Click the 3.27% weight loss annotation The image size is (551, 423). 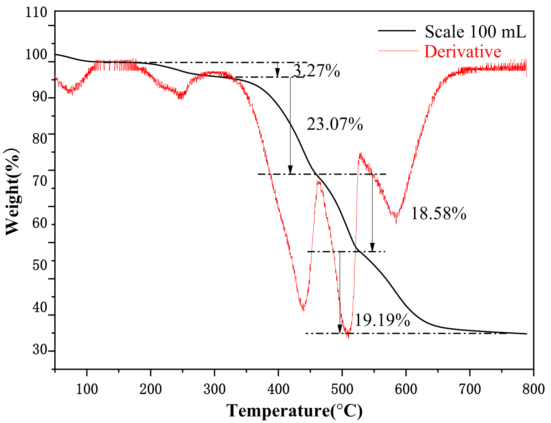[x=316, y=71]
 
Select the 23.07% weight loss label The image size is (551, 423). [x=335, y=125]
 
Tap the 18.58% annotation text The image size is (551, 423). [x=438, y=214]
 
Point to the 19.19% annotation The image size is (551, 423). [x=382, y=321]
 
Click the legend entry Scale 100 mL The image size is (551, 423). [x=475, y=32]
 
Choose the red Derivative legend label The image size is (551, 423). [x=463, y=51]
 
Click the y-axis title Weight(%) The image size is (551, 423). [x=12, y=192]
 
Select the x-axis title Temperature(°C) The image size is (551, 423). [x=295, y=411]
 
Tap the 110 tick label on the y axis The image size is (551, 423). [x=36, y=13]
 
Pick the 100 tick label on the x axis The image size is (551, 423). [x=87, y=389]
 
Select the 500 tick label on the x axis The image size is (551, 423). [x=342, y=389]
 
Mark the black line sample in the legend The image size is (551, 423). [x=397, y=31]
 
